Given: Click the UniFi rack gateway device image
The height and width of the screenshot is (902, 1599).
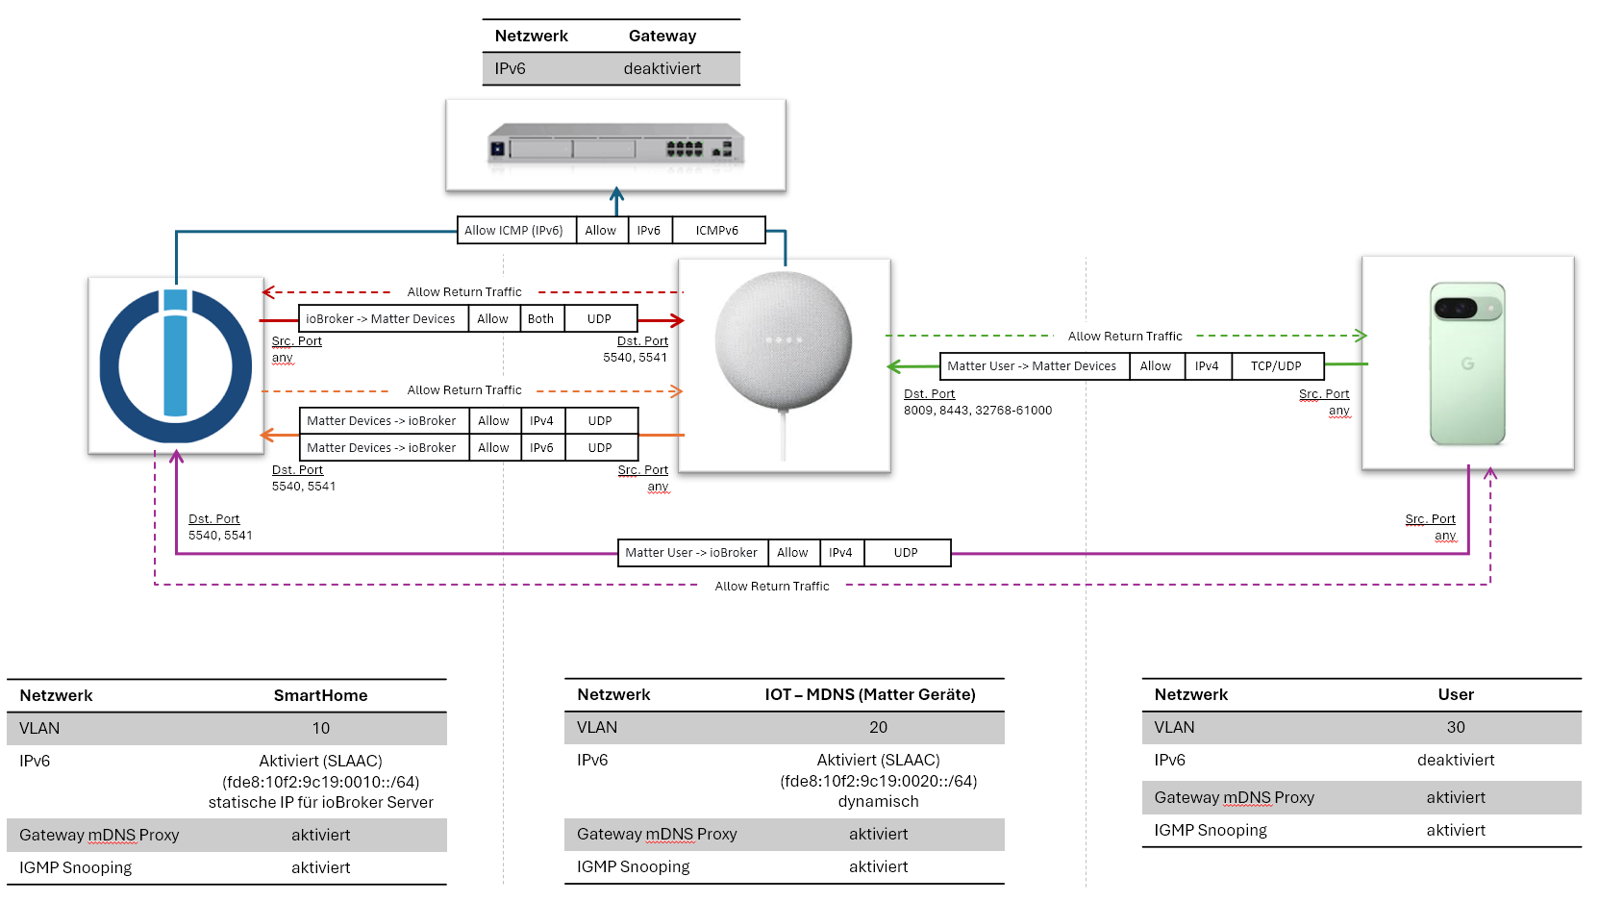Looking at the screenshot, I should [615, 146].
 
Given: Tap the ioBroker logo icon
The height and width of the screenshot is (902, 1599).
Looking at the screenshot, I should [175, 365].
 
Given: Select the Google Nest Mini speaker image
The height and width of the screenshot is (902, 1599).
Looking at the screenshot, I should [783, 341].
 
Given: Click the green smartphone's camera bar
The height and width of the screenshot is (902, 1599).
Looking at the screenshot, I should [1466, 309].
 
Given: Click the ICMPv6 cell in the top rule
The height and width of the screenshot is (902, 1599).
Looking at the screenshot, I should [717, 231].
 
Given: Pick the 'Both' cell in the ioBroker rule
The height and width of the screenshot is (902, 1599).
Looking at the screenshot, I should [540, 319].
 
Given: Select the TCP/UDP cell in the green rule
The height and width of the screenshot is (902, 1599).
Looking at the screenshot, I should [1275, 366].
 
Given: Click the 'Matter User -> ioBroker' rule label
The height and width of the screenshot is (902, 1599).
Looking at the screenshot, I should [691, 553].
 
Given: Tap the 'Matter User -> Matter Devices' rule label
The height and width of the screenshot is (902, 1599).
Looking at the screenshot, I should [1032, 366].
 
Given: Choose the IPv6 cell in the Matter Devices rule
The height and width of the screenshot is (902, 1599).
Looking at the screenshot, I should [541, 448].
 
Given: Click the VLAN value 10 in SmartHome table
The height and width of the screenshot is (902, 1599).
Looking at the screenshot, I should [320, 729].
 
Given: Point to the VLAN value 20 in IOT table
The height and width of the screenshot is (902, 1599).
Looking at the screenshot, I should [878, 728].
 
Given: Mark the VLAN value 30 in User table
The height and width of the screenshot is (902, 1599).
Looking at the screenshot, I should [1455, 728].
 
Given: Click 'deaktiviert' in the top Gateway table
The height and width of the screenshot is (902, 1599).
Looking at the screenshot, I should [662, 69].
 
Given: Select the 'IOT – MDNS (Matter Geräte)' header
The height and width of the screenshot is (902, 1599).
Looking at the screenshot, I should [869, 694].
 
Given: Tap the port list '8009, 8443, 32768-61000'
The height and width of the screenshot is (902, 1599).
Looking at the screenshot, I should [977, 411].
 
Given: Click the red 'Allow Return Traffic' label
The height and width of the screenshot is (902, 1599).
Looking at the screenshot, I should [463, 292].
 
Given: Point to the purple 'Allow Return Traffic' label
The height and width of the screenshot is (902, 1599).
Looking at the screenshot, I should [771, 587].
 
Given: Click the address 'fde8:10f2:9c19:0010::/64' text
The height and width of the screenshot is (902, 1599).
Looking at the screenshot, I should [320, 782].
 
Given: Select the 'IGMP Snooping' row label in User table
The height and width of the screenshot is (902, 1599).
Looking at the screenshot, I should [1210, 831].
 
